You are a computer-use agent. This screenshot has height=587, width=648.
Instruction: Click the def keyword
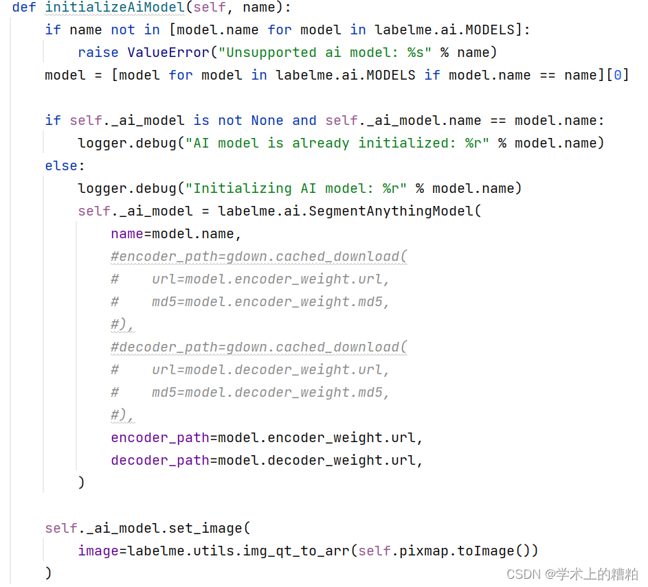(24, 8)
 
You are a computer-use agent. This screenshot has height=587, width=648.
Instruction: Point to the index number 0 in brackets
(617, 75)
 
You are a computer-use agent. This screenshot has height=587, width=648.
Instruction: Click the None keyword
(267, 120)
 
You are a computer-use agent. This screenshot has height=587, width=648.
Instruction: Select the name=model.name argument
(175, 234)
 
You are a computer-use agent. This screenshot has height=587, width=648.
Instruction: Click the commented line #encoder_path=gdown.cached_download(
(259, 257)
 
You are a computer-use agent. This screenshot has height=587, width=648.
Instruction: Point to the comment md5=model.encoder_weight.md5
(271, 302)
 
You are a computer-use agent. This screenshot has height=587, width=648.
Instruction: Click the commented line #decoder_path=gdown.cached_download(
(259, 347)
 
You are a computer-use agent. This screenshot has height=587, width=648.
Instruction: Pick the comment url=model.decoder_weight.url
(271, 370)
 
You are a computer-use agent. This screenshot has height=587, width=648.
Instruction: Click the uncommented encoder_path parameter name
(160, 437)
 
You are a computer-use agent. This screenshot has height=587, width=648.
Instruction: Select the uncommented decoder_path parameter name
(160, 460)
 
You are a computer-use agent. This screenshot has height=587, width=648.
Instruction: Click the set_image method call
(205, 528)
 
